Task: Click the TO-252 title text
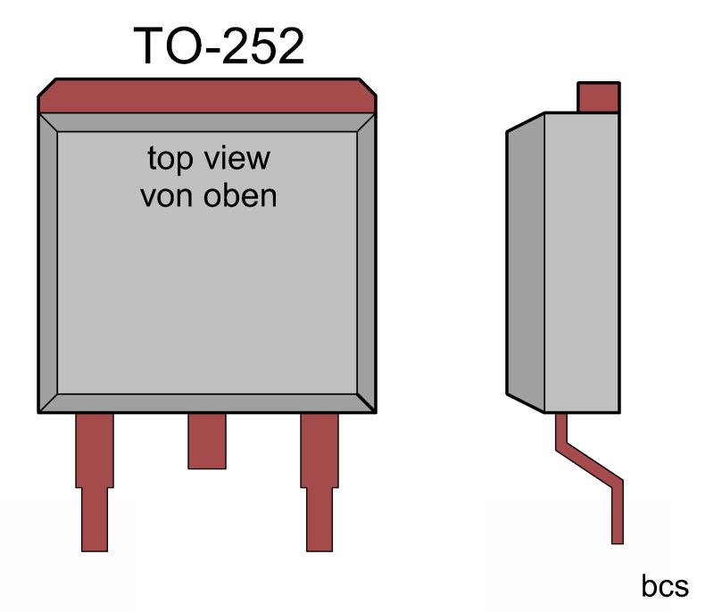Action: pos(219,46)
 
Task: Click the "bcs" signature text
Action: pos(665,586)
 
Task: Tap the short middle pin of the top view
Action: pos(206,441)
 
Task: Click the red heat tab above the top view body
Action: pos(206,95)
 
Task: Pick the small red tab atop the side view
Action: pos(598,96)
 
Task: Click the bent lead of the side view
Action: pos(588,464)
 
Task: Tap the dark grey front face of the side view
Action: pos(525,263)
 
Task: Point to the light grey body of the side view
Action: pos(581,263)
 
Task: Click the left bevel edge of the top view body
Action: pos(48,263)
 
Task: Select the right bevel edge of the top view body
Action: pos(365,263)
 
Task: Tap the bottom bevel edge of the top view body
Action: pos(206,402)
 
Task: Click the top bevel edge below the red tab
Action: pos(206,123)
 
